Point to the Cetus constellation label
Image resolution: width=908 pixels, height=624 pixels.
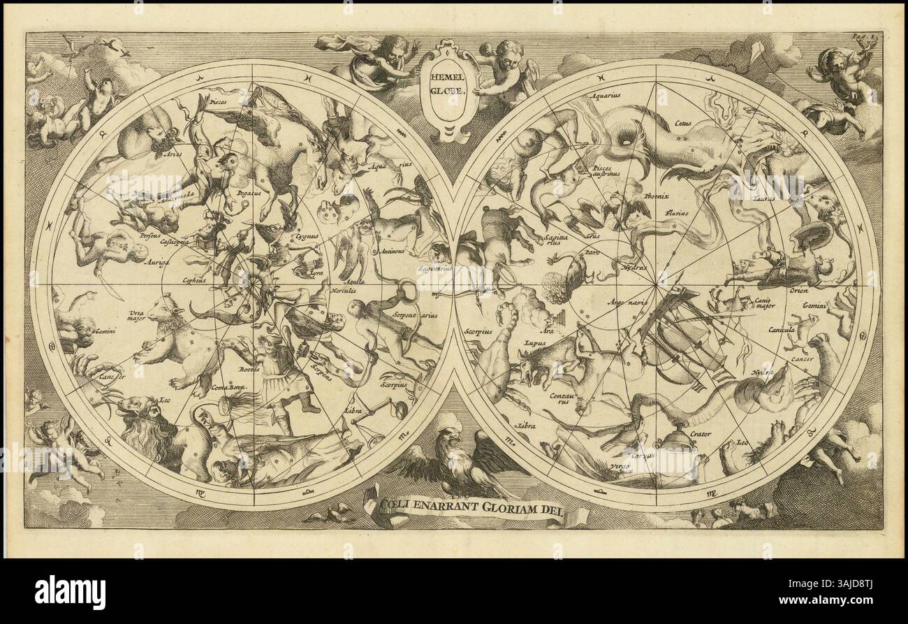tap(683, 124)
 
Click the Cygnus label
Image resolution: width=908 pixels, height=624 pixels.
tap(307, 236)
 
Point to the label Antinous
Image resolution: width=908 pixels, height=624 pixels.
tap(393, 249)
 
